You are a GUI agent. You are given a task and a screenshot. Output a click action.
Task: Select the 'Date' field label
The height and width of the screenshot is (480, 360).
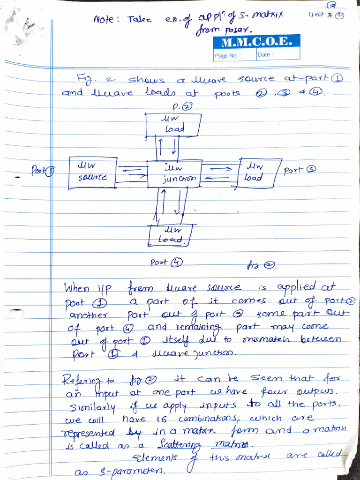[265, 55]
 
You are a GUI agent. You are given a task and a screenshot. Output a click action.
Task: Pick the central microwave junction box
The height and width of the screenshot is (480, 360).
[175, 174]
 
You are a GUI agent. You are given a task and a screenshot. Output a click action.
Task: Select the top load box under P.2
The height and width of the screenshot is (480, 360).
[173, 124]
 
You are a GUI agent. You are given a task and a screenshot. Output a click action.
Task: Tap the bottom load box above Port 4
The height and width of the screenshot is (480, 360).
[170, 235]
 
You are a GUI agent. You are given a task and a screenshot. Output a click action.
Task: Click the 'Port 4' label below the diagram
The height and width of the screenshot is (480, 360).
[166, 263]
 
